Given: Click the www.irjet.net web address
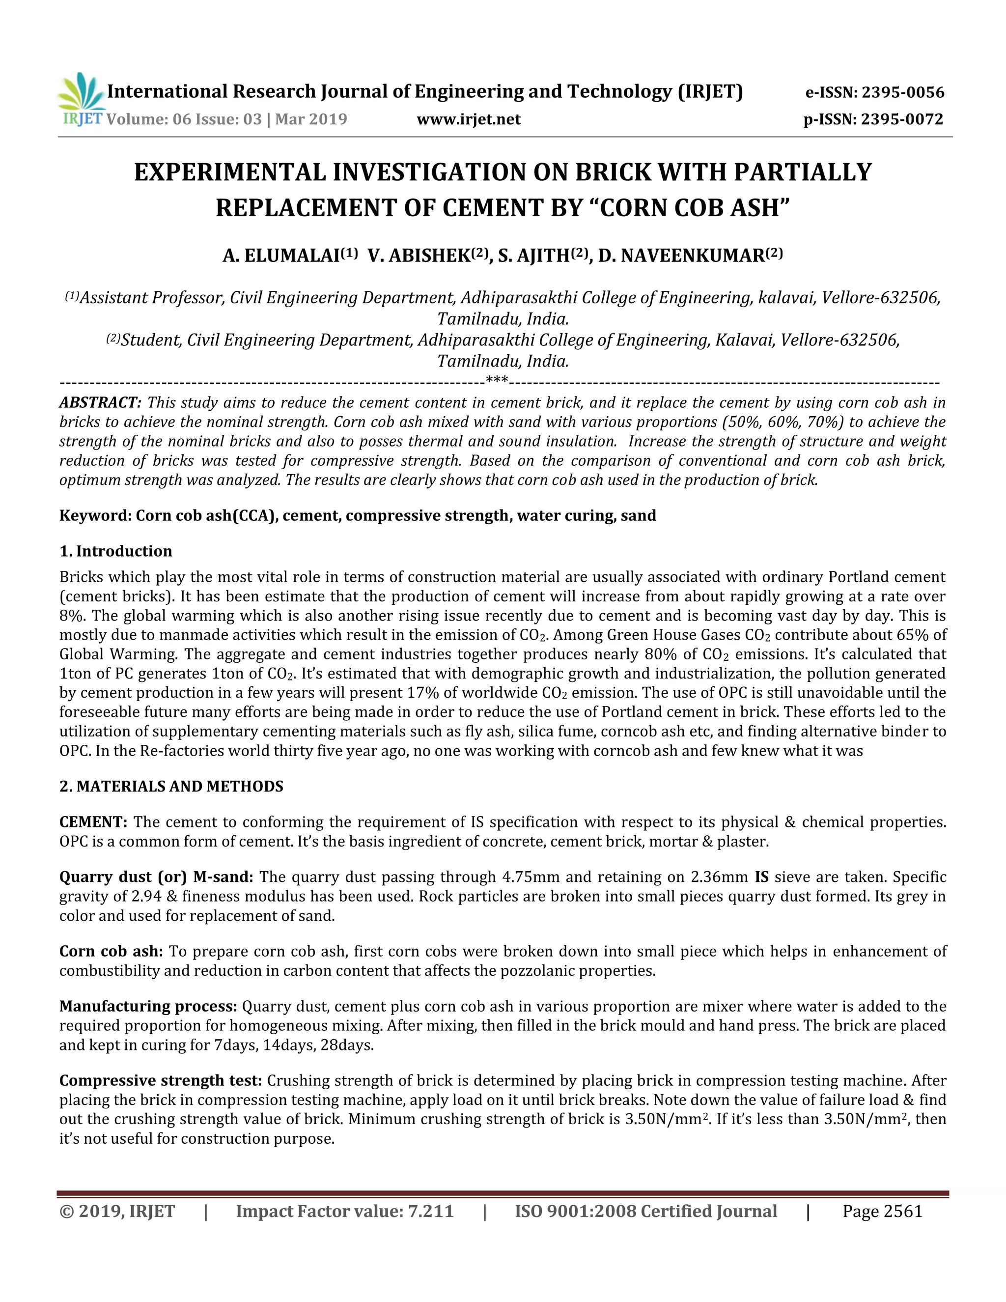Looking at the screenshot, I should click(469, 119).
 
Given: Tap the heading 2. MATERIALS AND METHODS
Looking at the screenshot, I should click(171, 786).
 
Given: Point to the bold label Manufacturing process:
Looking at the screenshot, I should click(148, 1006).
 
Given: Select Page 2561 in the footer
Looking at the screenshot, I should click(882, 1212).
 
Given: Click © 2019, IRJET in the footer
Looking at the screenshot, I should click(117, 1212).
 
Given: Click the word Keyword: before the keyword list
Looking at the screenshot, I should click(95, 516).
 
